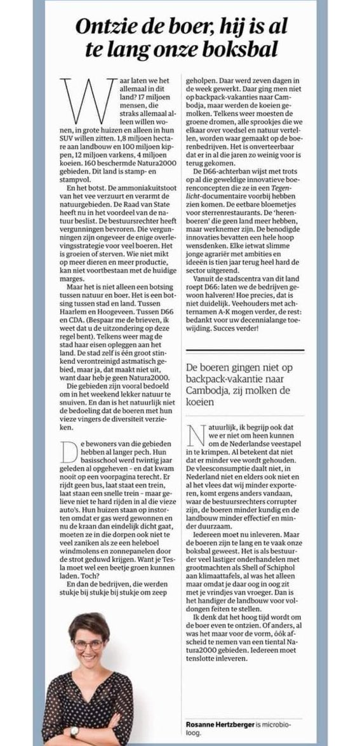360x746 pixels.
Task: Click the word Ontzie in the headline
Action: click(x=104, y=27)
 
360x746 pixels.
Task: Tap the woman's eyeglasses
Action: click(x=88, y=644)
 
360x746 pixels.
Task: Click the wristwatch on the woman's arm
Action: click(x=74, y=732)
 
